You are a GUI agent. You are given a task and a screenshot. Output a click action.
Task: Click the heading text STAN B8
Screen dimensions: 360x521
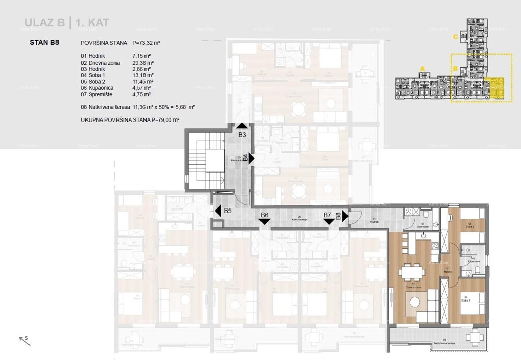coord(45,43)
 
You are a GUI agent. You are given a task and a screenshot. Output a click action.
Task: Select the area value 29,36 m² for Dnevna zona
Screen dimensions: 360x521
coord(142,62)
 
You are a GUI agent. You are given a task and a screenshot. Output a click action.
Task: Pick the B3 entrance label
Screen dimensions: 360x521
coord(242,135)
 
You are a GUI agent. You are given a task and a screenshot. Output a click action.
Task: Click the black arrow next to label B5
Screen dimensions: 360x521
coord(217,210)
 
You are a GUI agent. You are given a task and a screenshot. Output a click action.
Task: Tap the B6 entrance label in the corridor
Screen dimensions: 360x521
coord(264,215)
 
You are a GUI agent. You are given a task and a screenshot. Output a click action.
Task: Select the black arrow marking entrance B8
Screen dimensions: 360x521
coord(344,216)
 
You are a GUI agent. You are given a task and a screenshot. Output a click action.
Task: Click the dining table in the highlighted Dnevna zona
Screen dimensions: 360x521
coord(412,273)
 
